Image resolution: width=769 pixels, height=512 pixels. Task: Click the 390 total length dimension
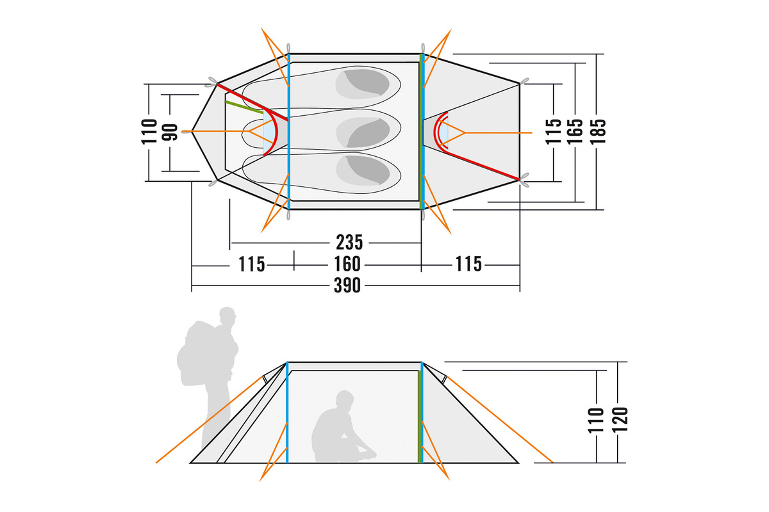[347, 285]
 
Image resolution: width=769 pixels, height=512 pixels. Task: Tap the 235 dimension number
[349, 243]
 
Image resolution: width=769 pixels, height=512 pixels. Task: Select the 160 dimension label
[347, 264]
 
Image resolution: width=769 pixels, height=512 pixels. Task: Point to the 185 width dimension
[598, 131]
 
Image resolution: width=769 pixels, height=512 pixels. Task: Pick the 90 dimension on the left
[170, 132]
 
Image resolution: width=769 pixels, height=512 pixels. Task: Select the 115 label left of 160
[252, 264]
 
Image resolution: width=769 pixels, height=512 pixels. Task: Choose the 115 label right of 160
[468, 264]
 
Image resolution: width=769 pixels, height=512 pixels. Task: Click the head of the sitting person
[344, 399]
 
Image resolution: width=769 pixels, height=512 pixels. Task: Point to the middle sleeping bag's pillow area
[363, 132]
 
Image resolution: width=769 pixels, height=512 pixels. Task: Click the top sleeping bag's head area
[363, 84]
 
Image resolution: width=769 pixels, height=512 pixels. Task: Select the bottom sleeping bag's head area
[363, 170]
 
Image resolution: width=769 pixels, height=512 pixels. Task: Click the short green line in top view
[244, 107]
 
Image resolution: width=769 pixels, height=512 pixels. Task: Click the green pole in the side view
[419, 417]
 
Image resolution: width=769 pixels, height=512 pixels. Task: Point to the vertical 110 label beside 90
[149, 132]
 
